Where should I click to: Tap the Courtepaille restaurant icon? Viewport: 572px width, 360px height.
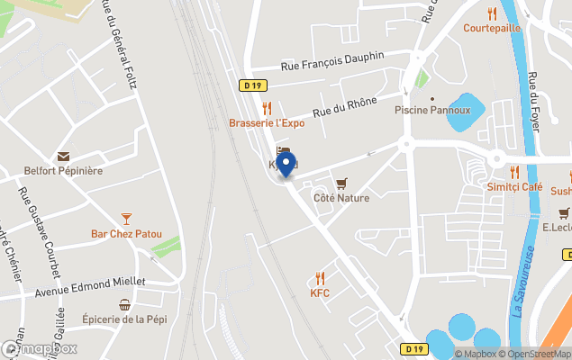coord(492,13)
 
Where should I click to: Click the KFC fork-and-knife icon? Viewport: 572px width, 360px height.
coord(320,278)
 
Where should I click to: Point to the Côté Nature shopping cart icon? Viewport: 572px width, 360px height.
coord(341,184)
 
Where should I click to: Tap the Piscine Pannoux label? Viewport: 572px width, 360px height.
coord(432,111)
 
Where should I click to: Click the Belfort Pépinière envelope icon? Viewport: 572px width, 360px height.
coord(63,157)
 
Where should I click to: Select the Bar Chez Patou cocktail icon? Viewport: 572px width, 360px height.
coord(126,219)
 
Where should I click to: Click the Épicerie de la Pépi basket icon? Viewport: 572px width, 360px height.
coord(125,305)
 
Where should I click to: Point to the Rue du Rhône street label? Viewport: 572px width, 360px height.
coord(344,107)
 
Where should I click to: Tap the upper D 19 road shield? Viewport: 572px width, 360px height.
coord(254,85)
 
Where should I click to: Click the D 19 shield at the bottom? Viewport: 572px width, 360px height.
coord(413,348)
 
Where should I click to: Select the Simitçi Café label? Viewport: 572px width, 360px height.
coord(514,186)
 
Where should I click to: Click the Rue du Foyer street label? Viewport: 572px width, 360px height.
coord(534,102)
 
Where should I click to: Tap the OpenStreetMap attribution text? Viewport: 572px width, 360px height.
coord(537,354)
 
